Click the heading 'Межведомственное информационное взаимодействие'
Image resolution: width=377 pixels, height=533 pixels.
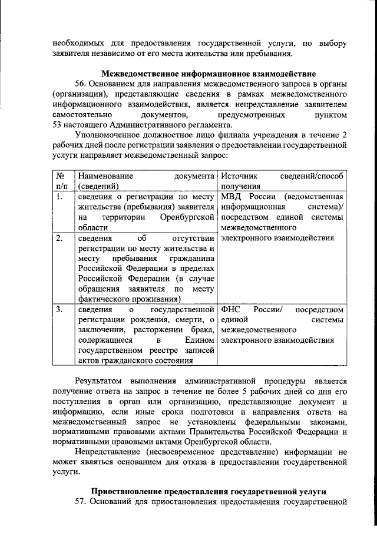[209, 74]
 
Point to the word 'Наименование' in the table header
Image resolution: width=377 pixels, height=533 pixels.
[105, 176]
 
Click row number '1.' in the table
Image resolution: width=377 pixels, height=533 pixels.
[59, 197]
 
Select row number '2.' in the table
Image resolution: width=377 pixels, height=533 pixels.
[59, 239]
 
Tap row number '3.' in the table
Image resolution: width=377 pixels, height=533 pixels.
[59, 309]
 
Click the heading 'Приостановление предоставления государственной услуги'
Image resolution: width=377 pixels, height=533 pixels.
[209, 492]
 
